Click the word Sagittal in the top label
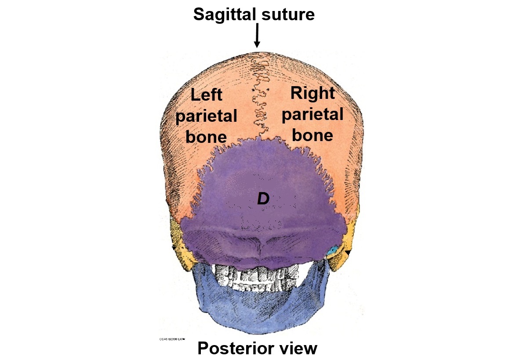pyautogui.click(x=222, y=15)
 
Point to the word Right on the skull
pyautogui.click(x=313, y=93)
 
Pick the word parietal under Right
pyautogui.click(x=313, y=115)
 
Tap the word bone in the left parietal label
pyautogui.click(x=206, y=137)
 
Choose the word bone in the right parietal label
pyautogui.click(x=313, y=135)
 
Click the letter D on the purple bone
pyautogui.click(x=263, y=199)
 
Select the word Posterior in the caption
pyautogui.click(x=236, y=349)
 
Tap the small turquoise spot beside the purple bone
pyautogui.click(x=333, y=250)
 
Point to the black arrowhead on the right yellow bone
pyautogui.click(x=348, y=252)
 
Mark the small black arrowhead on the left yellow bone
pyautogui.click(x=174, y=248)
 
